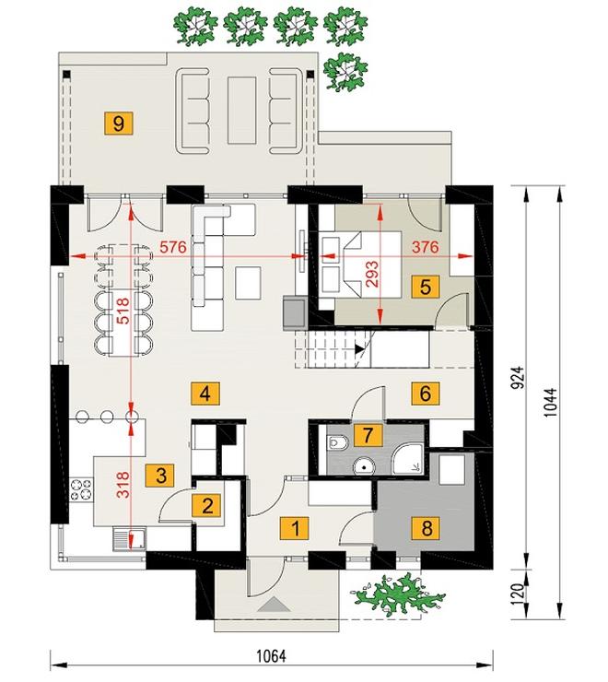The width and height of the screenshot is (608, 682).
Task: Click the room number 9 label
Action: pos(118,123)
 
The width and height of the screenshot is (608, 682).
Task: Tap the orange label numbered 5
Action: pos(426,287)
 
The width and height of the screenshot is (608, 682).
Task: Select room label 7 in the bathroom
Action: pos(368,435)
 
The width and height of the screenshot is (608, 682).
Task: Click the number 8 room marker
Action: pos(427,528)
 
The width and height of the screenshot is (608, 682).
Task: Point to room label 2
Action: pos(207,506)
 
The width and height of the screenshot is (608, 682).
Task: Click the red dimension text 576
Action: pos(172,247)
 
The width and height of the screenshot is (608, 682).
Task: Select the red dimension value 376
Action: pos(425,247)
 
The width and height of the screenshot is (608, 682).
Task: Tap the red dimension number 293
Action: pos(373,273)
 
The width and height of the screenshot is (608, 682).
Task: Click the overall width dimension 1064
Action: pos(272,656)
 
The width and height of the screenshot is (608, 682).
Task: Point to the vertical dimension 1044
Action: pos(550,403)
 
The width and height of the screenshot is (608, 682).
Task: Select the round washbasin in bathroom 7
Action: pos(364,466)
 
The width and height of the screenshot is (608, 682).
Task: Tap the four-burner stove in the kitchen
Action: pos(81,488)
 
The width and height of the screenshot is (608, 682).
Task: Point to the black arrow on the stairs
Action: pos(359,348)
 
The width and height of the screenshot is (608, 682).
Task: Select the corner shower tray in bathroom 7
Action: pos(407,459)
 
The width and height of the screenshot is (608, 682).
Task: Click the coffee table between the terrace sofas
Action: pos(241,110)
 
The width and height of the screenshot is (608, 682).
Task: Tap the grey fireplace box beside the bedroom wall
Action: pos(295,311)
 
